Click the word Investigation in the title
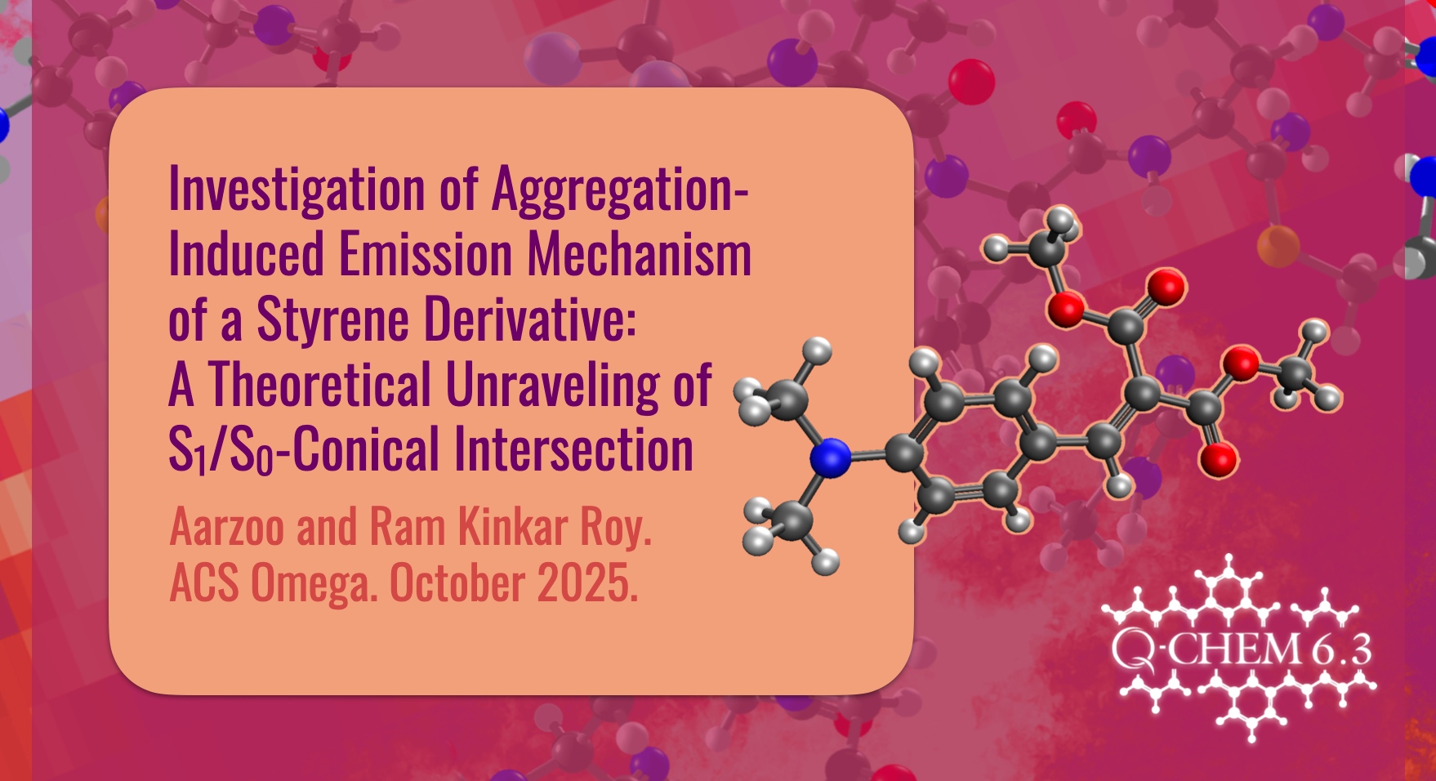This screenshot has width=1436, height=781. (x=297, y=190)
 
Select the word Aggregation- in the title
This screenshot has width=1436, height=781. (x=620, y=190)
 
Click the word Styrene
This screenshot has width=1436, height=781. (x=333, y=319)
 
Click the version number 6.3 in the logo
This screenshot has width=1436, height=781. (x=1342, y=650)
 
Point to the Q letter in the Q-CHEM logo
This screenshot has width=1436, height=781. (x=1131, y=651)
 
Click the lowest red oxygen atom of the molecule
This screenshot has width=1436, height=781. (x=1219, y=460)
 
